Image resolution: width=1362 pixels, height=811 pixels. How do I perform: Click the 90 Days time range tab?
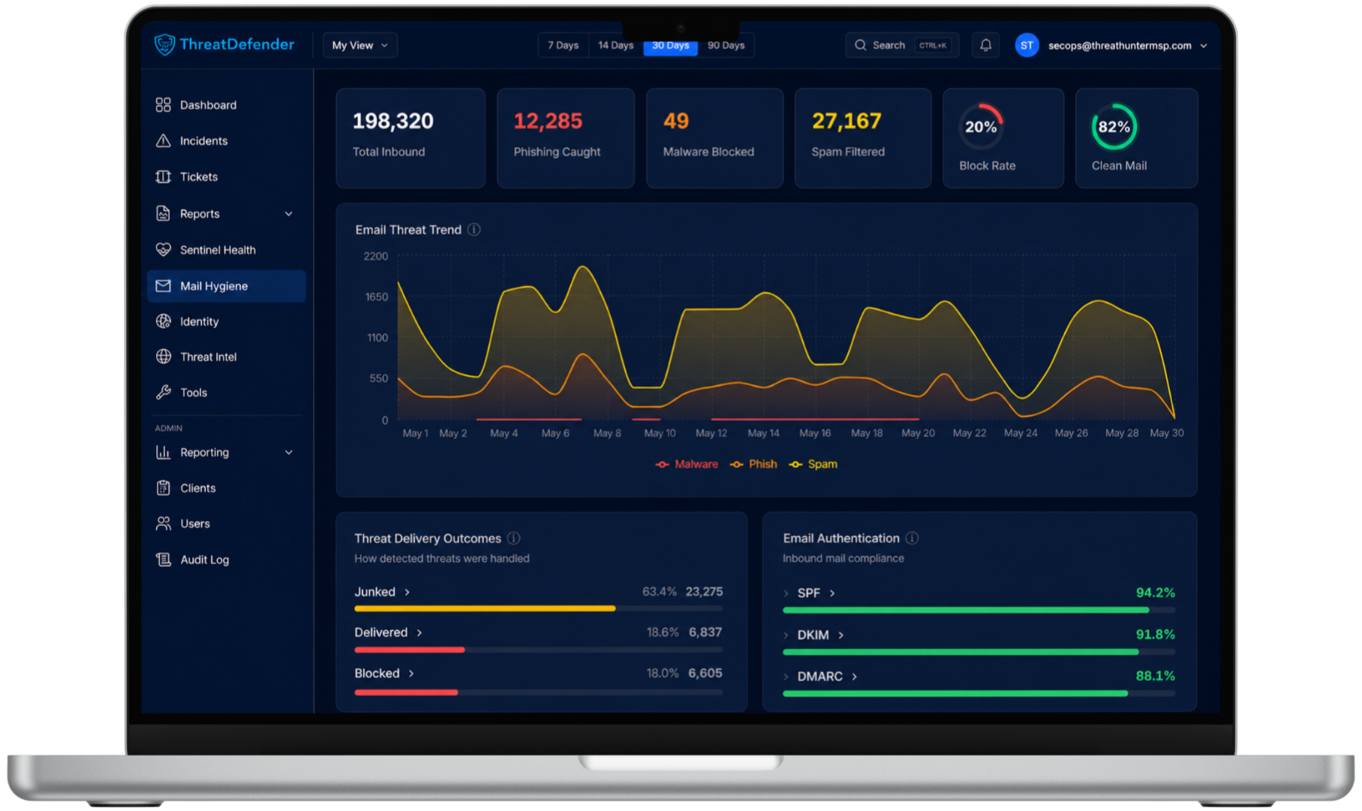pos(726,45)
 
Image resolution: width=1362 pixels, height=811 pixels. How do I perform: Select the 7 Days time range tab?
pos(563,45)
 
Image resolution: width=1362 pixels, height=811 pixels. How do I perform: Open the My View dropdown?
pos(360,45)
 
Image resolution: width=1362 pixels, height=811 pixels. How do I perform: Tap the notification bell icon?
pos(985,45)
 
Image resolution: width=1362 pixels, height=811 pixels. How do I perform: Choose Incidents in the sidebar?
pos(203,141)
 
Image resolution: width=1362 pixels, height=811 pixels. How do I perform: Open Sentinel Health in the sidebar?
pos(218,250)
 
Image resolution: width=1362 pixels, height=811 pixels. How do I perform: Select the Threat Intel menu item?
pos(208,357)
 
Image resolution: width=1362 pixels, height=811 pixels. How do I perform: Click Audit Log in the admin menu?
pos(204,559)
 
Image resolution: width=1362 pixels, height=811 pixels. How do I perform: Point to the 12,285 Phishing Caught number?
pos(548,121)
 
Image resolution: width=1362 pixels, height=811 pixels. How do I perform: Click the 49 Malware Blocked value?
pos(675,121)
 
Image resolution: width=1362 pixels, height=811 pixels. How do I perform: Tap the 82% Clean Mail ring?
pos(1114,127)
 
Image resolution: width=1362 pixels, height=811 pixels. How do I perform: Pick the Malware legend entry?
pos(687,464)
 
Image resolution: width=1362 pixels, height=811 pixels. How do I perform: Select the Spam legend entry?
pos(813,464)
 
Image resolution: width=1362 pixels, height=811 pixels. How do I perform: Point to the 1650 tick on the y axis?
pos(377,297)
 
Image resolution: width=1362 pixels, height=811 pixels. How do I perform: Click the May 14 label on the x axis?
pos(763,433)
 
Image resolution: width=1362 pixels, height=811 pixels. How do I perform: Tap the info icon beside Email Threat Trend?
pos(474,230)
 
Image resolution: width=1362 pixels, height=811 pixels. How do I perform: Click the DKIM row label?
pos(813,635)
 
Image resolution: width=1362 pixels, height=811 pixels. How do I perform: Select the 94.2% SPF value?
pos(1156,593)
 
